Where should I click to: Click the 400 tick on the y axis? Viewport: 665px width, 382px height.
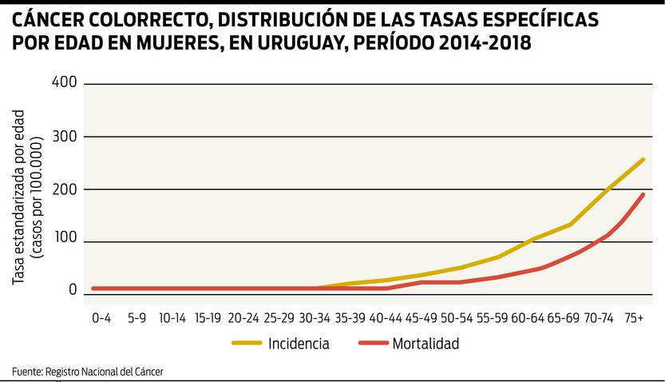tap(64, 82)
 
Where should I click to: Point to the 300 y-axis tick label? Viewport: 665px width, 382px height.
tap(64, 136)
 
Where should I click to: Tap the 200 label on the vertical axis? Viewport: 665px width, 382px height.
tap(64, 189)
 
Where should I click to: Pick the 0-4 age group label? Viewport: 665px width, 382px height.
tap(101, 317)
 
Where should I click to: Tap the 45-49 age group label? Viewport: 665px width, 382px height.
tap(422, 317)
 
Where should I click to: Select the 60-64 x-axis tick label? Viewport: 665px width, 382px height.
tap(528, 317)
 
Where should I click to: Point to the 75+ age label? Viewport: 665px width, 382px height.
tap(634, 317)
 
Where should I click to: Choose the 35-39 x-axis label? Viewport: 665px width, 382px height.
tap(350, 317)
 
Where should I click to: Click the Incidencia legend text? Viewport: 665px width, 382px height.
tap(299, 344)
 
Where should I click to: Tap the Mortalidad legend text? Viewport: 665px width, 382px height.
tap(426, 344)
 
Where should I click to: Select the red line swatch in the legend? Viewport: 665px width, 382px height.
tap(373, 344)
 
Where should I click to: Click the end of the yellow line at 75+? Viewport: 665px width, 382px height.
tap(643, 160)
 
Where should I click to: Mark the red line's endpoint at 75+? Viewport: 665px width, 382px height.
tap(643, 194)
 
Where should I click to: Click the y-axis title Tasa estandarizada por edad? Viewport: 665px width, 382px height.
tap(19, 195)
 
